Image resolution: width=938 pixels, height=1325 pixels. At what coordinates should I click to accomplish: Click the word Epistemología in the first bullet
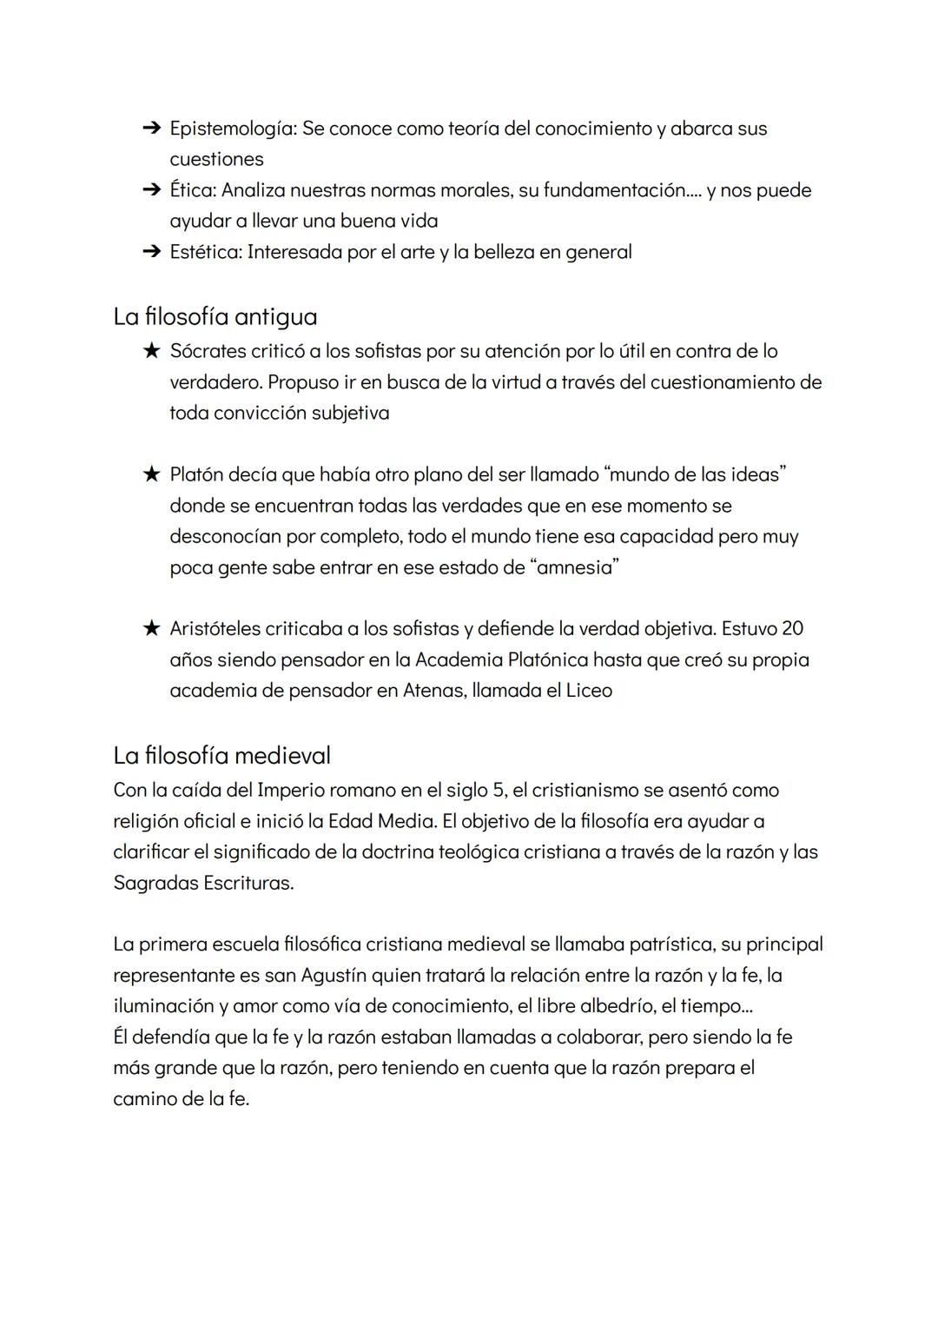tap(233, 129)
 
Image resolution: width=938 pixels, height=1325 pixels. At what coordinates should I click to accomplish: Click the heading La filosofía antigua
tap(215, 316)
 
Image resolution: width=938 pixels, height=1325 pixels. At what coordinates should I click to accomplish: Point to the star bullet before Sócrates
tap(151, 351)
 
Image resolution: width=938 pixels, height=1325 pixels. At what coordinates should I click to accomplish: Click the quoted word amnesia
tap(574, 567)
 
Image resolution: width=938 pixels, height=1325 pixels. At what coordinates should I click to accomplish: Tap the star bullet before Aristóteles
tap(151, 628)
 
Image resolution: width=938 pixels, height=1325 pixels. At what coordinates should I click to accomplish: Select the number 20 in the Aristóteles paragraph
tap(792, 628)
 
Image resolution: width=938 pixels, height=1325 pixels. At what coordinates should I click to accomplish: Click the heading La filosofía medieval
tap(221, 755)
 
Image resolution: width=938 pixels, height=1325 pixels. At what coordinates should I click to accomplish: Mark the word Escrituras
tap(248, 883)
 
